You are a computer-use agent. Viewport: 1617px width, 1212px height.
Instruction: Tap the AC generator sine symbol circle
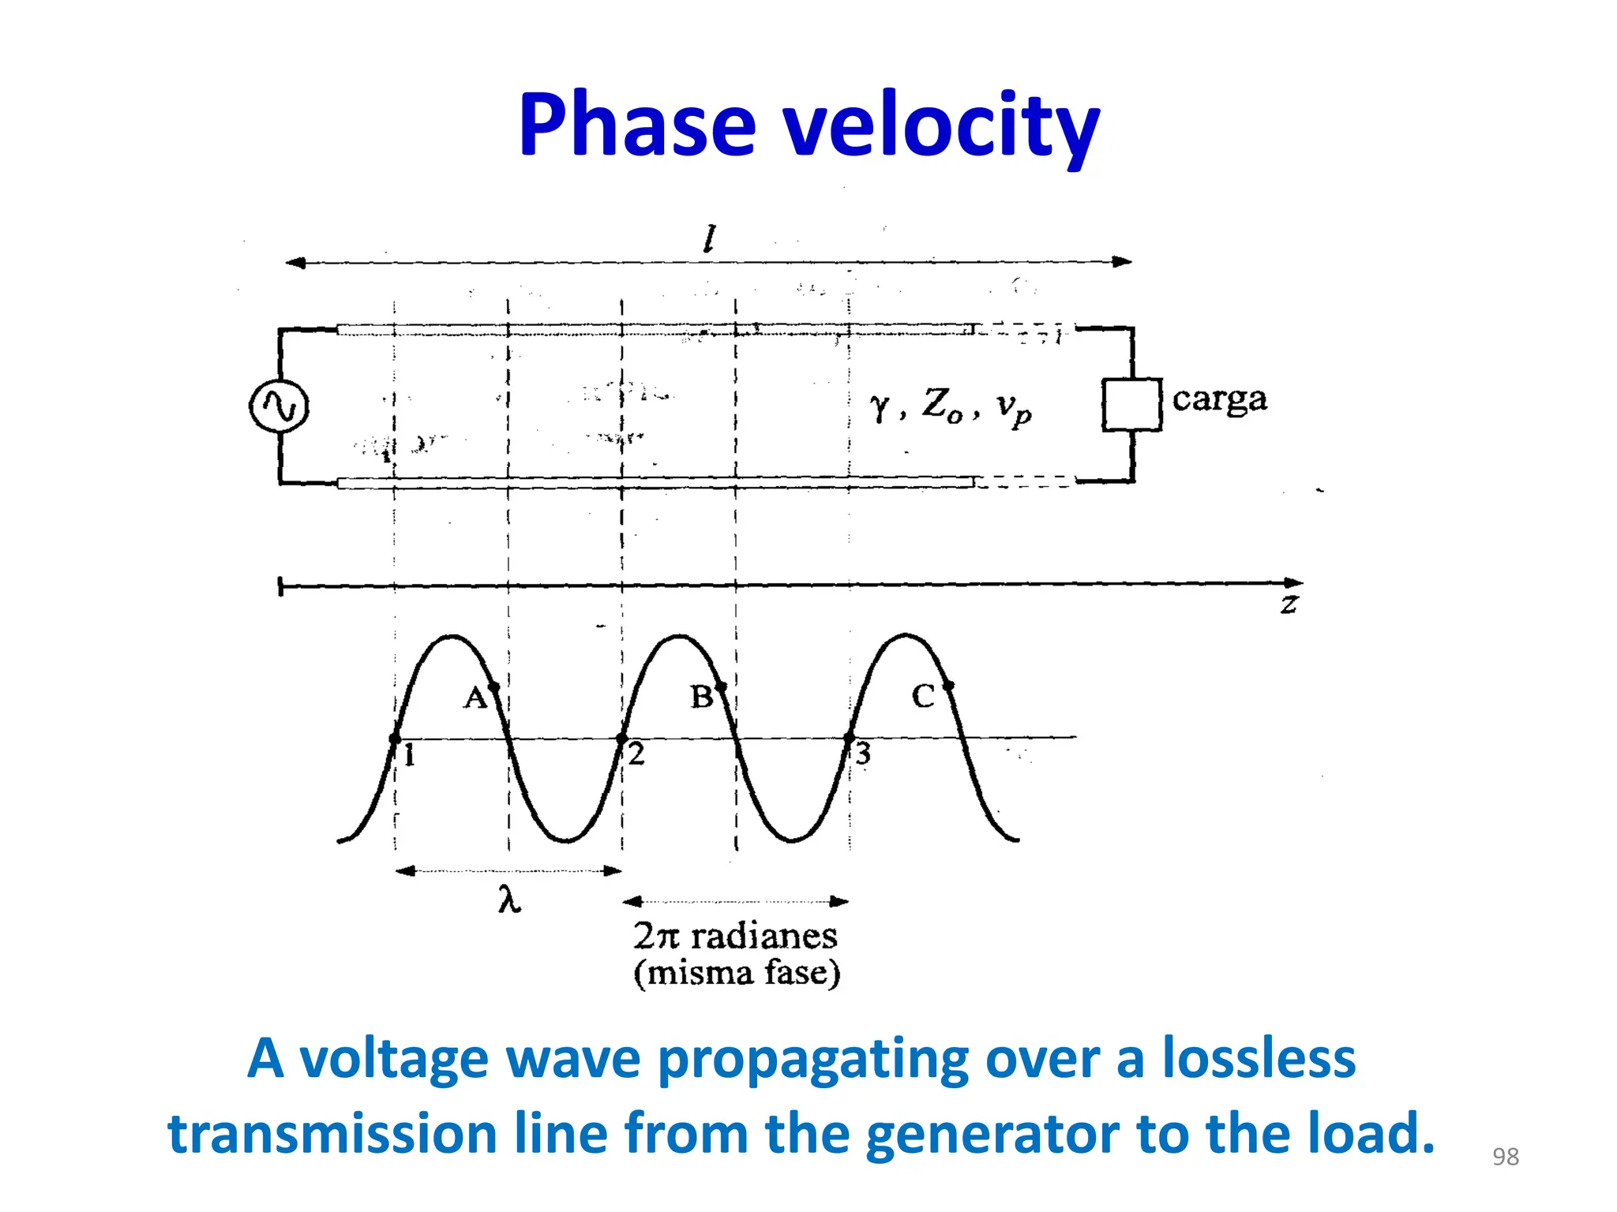tap(279, 406)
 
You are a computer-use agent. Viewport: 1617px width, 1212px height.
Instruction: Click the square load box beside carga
tap(1131, 405)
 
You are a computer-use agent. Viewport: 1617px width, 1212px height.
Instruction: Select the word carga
tap(1219, 399)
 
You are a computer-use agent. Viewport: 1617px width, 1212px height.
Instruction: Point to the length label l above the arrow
tap(710, 238)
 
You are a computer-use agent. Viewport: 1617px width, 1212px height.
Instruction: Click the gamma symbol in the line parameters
tap(880, 407)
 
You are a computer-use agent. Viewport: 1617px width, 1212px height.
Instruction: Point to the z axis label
tap(1289, 605)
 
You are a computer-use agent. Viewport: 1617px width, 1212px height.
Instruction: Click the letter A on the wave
tap(475, 698)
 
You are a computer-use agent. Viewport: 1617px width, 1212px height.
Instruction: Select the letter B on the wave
tap(701, 697)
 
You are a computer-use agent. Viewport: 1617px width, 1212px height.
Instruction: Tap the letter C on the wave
tap(923, 696)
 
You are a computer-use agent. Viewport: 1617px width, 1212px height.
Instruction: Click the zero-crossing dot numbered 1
tap(395, 739)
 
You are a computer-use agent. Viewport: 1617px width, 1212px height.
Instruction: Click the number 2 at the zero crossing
tap(636, 754)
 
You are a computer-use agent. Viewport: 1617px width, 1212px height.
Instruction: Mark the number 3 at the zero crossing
tap(863, 754)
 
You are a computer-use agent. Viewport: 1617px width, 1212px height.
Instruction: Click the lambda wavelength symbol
tap(509, 899)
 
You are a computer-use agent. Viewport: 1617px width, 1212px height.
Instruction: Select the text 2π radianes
tap(735, 937)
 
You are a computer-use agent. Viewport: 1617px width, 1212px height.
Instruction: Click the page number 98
tap(1505, 1157)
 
